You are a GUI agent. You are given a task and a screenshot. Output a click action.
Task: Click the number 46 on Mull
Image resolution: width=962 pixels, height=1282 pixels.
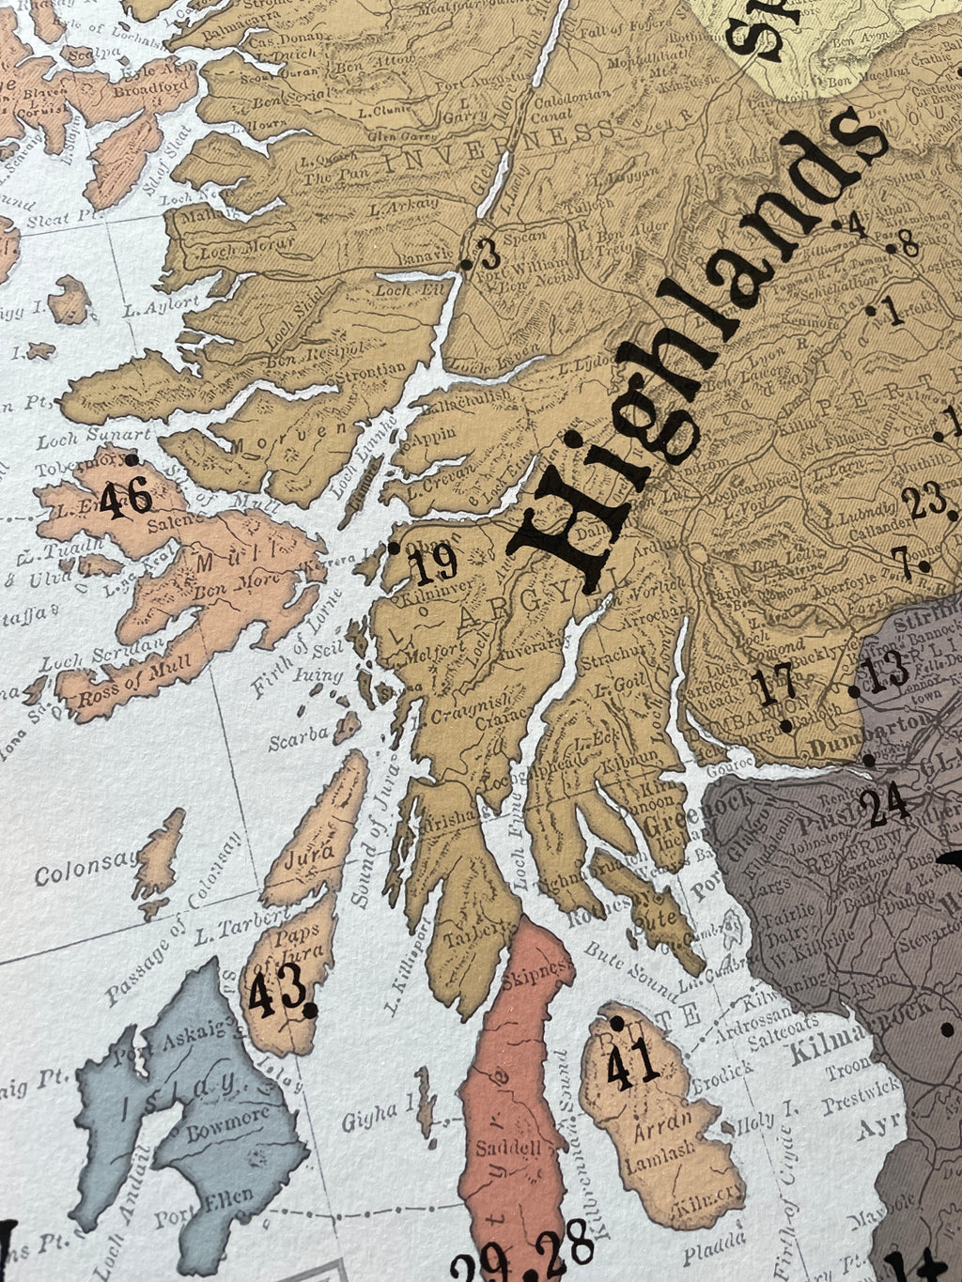coord(125,499)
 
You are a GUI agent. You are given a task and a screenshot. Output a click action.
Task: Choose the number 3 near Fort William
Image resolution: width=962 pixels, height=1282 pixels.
coord(489,255)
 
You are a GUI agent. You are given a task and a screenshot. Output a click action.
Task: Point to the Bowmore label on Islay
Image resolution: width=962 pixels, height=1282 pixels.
coord(225,1123)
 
